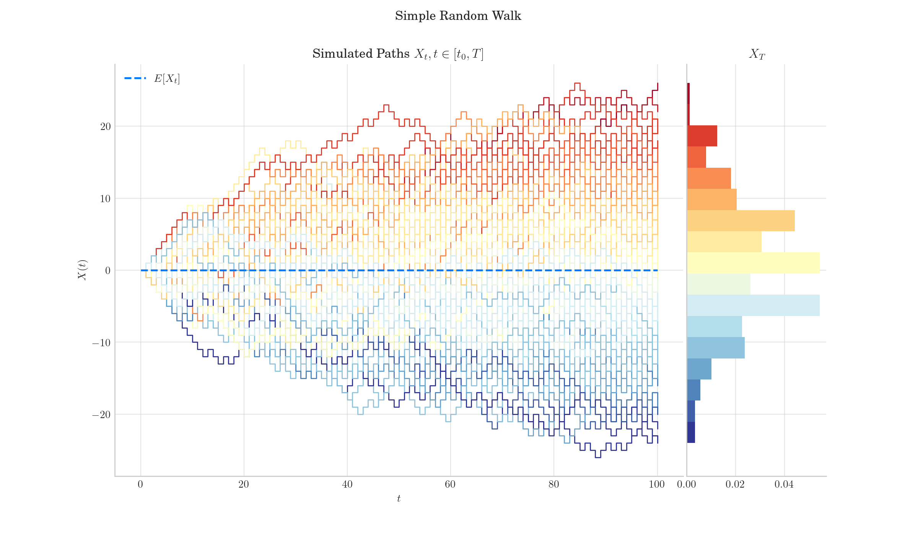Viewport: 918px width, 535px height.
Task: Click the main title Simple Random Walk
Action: click(458, 16)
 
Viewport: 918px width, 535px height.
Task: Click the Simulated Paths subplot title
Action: click(398, 54)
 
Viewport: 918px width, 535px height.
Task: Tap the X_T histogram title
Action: click(757, 54)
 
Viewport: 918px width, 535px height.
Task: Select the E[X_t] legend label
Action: click(167, 79)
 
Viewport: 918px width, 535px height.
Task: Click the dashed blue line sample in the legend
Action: click(135, 78)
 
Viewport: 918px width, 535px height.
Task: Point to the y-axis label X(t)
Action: click(83, 270)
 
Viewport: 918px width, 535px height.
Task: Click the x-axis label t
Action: click(399, 499)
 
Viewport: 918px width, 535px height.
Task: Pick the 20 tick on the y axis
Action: click(105, 126)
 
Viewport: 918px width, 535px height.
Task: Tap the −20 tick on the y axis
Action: click(101, 415)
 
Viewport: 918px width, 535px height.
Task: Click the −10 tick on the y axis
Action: click(101, 343)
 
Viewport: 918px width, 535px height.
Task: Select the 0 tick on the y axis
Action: click(108, 271)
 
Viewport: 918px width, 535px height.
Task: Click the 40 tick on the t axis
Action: click(347, 485)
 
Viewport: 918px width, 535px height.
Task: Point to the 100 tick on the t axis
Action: click(657, 485)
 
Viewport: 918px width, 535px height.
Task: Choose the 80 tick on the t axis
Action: click(553, 485)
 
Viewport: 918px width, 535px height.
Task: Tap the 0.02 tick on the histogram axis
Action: click(735, 485)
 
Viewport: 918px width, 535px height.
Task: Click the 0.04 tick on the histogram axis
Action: click(784, 485)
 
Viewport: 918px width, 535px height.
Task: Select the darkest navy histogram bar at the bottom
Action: click(691, 432)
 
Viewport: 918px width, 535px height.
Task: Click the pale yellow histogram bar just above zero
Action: click(753, 263)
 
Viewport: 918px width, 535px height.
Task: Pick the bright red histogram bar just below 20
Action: click(702, 136)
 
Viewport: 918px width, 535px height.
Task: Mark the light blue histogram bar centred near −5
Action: click(753, 305)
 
